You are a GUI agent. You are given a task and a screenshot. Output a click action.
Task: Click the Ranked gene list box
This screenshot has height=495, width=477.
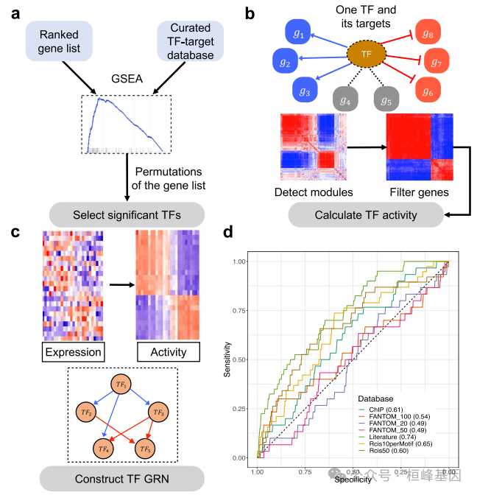coord(58,40)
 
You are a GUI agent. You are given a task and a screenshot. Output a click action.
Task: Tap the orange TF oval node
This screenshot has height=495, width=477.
coord(365,53)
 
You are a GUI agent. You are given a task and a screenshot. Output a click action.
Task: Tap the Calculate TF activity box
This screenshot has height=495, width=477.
coord(366,215)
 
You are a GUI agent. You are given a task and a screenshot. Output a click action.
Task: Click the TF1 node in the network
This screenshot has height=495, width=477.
coord(121,385)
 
